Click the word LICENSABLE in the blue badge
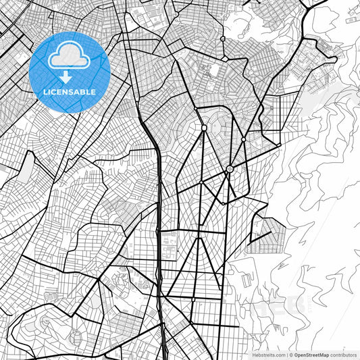pos(70,92)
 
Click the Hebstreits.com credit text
pos(269,355)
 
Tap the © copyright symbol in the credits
pos(291,355)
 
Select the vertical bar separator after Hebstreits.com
pos(286,355)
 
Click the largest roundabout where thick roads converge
pos(229,168)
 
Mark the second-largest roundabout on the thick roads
pos(204,127)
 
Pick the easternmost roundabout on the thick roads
pos(278,145)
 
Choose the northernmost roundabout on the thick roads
pos(195,109)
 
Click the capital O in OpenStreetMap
pos(297,355)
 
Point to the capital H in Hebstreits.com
pos(254,355)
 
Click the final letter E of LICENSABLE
pos(94,92)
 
